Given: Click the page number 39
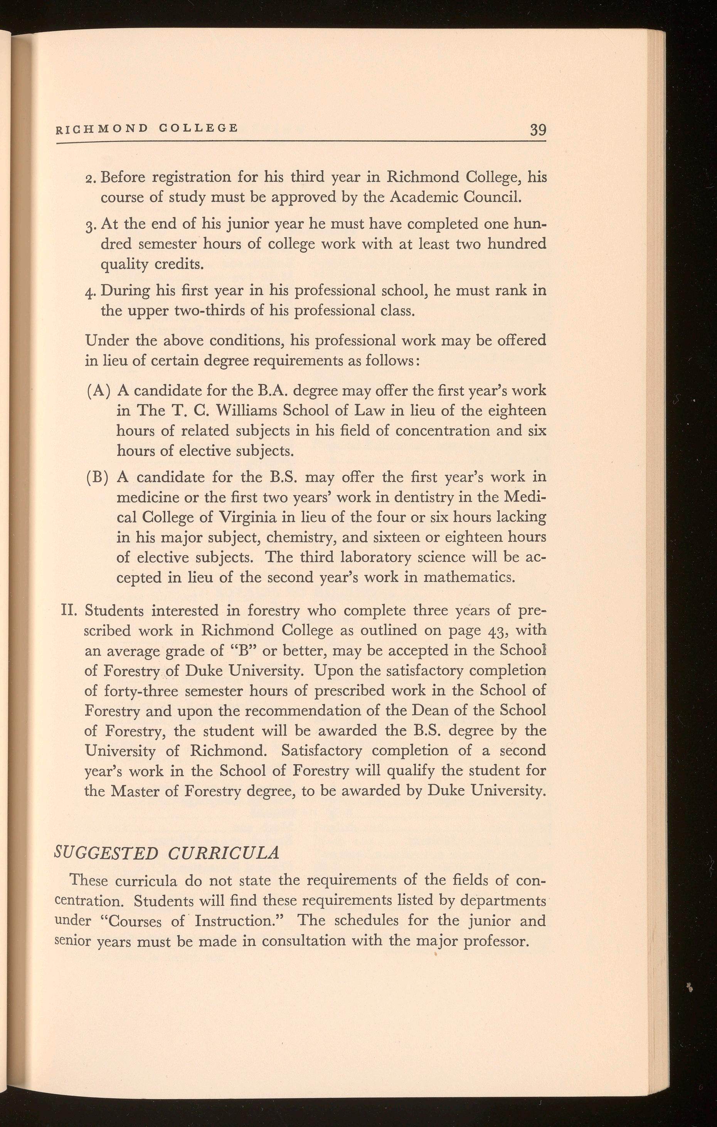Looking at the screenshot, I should [x=537, y=129].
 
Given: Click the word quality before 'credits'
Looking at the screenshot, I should [x=123, y=265].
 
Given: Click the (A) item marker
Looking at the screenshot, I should [x=98, y=390].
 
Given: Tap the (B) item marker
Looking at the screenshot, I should [x=98, y=478].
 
